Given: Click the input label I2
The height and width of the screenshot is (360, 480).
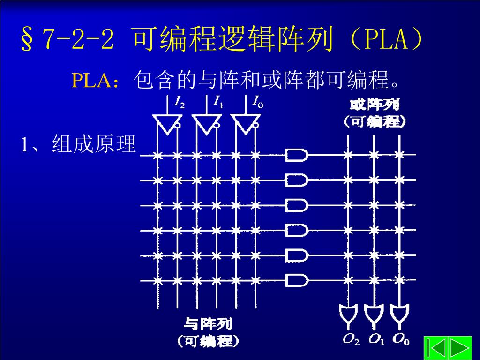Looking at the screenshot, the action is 180,102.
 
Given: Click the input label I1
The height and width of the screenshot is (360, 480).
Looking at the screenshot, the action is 218,102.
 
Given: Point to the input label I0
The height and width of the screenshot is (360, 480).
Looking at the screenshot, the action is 257,102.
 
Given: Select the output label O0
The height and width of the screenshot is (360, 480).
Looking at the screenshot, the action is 401,339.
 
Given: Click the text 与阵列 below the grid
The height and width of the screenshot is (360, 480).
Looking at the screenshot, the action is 208,324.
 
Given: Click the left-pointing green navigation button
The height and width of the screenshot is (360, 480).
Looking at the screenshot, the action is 435,348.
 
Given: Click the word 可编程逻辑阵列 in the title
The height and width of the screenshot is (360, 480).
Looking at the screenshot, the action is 233,40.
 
